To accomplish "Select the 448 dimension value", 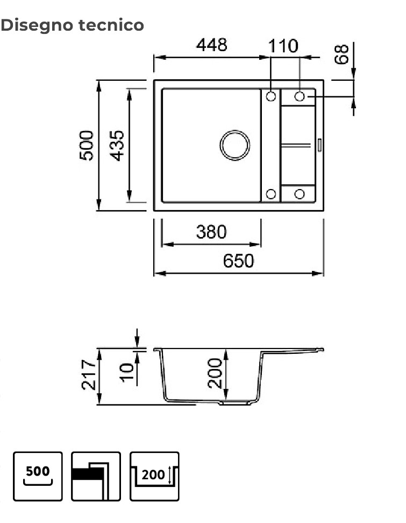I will click(211, 45).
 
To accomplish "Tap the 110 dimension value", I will click(283, 46).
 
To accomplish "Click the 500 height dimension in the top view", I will click(87, 145).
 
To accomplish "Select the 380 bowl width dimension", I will click(211, 232).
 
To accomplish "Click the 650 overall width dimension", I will click(238, 261).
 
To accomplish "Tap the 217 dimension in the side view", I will click(89, 375).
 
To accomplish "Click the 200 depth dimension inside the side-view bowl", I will click(215, 373).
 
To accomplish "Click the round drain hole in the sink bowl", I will click(235, 145).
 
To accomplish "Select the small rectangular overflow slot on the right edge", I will click(319, 145).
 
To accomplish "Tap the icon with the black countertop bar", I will click(96, 476).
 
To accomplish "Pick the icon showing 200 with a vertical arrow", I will click(154, 476).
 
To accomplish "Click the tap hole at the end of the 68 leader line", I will click(300, 96).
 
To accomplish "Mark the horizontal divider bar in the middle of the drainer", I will click(295, 144).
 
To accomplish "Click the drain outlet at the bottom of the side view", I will click(237, 402).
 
